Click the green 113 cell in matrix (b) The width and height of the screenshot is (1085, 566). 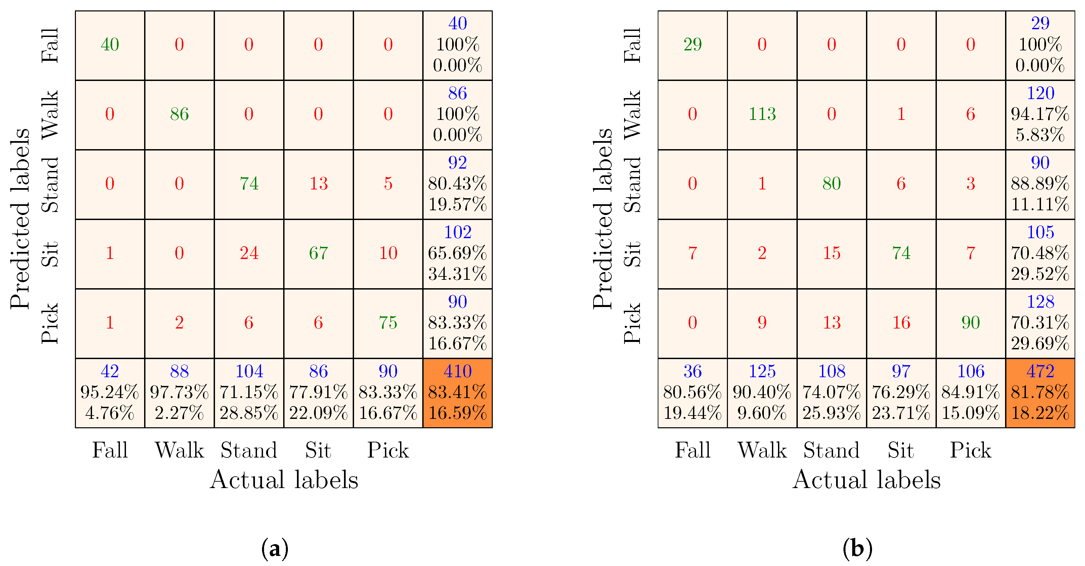pos(762,114)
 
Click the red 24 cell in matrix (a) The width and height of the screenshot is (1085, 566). pos(249,253)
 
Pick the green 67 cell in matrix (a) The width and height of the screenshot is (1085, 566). pos(318,253)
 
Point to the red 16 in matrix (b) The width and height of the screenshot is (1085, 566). pos(901,322)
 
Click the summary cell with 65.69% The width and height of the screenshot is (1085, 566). pos(458,253)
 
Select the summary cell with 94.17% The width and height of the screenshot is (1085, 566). pos(1040,114)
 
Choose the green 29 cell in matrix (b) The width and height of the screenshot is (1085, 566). pos(692,45)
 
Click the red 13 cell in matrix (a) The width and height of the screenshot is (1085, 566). pos(318,184)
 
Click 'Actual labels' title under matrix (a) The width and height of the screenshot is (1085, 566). pos(284,480)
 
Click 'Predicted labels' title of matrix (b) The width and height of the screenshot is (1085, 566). pos(602,219)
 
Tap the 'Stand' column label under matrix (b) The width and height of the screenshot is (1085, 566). pos(831,450)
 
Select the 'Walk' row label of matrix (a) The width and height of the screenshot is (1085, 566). pos(50,115)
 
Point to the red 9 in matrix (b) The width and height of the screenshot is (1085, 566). pos(762,322)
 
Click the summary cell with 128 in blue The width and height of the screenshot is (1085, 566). pos(1040,322)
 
